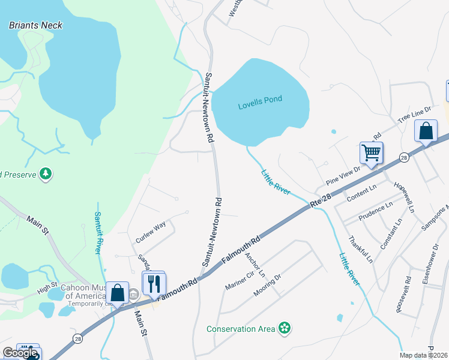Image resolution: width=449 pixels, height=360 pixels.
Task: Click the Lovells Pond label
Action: [x=259, y=100]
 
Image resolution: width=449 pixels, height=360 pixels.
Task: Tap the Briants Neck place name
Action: [x=35, y=25]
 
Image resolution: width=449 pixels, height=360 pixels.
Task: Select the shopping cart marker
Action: [x=371, y=153]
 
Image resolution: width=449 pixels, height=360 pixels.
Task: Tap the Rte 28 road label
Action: [x=321, y=201]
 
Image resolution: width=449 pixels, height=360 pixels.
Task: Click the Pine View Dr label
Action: [x=343, y=175]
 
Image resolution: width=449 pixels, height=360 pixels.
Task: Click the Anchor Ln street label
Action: [x=255, y=264]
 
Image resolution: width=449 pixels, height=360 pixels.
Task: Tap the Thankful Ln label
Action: [x=360, y=250]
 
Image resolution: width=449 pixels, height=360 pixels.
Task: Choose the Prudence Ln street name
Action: [x=375, y=211]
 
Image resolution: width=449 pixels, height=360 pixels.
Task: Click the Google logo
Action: [x=20, y=353]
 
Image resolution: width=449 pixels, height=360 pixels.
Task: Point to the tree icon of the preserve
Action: [x=45, y=174]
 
